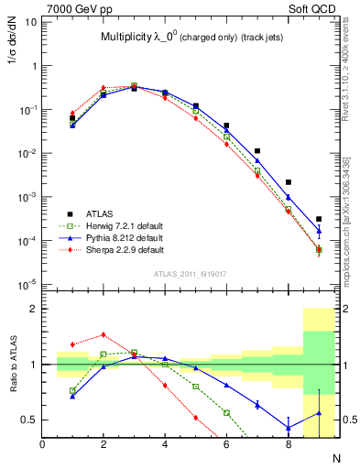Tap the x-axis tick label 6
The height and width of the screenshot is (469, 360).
click(x=226, y=444)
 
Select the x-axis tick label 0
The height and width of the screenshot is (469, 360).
click(x=43, y=444)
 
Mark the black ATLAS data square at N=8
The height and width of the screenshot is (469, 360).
click(x=288, y=182)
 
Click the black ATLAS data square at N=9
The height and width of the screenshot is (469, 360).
click(x=319, y=219)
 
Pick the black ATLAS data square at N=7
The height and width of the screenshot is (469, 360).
click(x=257, y=151)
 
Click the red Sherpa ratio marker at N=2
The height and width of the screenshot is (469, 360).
click(x=104, y=335)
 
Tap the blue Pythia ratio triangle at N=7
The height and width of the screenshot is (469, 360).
click(x=257, y=405)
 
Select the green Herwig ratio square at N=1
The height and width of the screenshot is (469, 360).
click(x=72, y=390)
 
